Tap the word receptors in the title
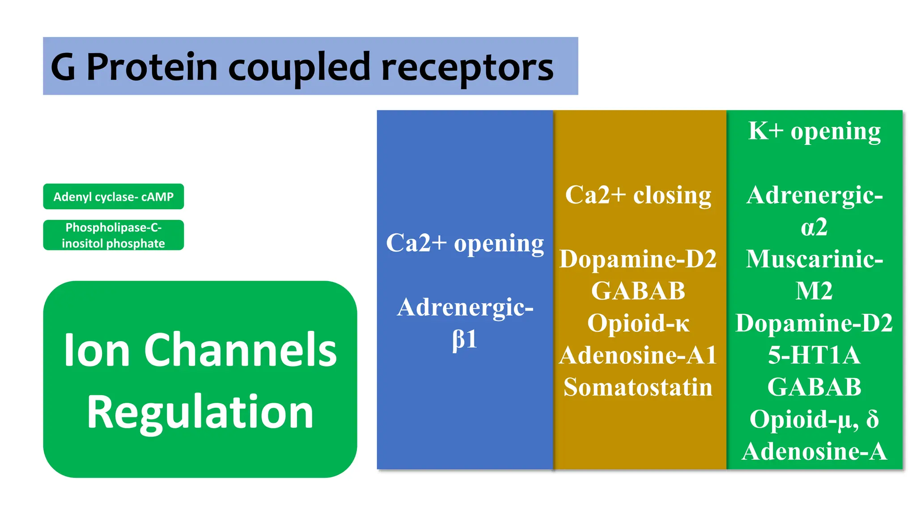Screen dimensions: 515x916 pyautogui.click(x=467, y=68)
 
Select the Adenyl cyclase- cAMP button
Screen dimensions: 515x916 pyautogui.click(x=113, y=197)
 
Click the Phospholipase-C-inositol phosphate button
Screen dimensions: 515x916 pyautogui.click(x=113, y=235)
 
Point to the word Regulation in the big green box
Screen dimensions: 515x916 pyautogui.click(x=200, y=412)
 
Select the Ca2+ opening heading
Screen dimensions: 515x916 pyautogui.click(x=465, y=244)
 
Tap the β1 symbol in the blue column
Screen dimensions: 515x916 pyautogui.click(x=465, y=340)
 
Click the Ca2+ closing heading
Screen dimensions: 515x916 pyautogui.click(x=638, y=195)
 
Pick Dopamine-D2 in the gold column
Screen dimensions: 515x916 pyautogui.click(x=638, y=259)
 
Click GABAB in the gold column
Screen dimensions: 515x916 pyautogui.click(x=638, y=291)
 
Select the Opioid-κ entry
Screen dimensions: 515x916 pyautogui.click(x=638, y=323)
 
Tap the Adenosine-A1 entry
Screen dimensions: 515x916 pyautogui.click(x=638, y=355)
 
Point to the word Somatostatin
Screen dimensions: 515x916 pyautogui.click(x=638, y=387)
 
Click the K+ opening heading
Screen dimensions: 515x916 pyautogui.click(x=814, y=131)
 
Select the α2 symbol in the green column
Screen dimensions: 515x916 pyautogui.click(x=814, y=227)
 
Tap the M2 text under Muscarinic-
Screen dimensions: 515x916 pyautogui.click(x=814, y=291)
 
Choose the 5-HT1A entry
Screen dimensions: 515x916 pyautogui.click(x=814, y=355)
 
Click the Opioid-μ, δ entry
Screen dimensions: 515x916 pyautogui.click(x=814, y=419)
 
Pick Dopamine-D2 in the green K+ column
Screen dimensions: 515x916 pyautogui.click(x=814, y=323)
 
